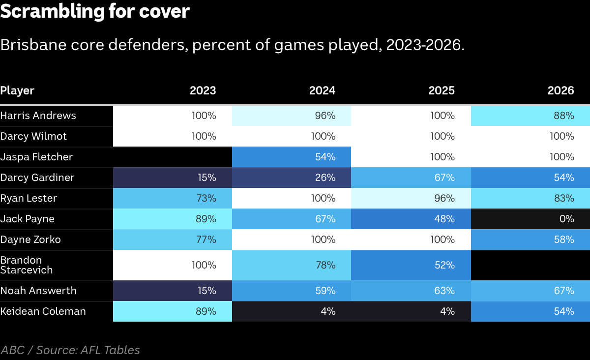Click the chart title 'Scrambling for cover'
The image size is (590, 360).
pyautogui.click(x=95, y=12)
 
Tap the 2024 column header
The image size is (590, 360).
pyautogui.click(x=322, y=90)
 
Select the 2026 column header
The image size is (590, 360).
pyautogui.click(x=561, y=90)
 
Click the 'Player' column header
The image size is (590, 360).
pyautogui.click(x=17, y=90)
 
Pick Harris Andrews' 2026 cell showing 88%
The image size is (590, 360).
pyautogui.click(x=531, y=116)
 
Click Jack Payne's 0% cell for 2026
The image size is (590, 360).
pyautogui.click(x=531, y=219)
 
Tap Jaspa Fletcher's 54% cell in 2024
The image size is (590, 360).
pyautogui.click(x=292, y=157)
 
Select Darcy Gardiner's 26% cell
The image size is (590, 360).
pyautogui.click(x=292, y=178)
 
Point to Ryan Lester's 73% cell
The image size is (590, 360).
pyautogui.click(x=173, y=199)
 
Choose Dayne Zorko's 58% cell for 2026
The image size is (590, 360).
pyautogui.click(x=531, y=240)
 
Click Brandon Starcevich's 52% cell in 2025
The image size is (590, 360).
pyautogui.click(x=411, y=265)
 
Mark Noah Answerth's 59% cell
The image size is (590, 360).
pyautogui.click(x=292, y=291)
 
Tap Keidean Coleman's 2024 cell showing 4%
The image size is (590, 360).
pyautogui.click(x=292, y=311)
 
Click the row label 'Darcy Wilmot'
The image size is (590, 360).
pyautogui.click(x=33, y=137)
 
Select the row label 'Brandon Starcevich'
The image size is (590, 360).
pyautogui.click(x=27, y=265)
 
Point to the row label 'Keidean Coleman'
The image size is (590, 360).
pyautogui.click(x=43, y=311)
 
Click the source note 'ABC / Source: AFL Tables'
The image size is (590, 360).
pyautogui.click(x=70, y=350)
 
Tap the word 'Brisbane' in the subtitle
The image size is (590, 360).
pyautogui.click(x=33, y=45)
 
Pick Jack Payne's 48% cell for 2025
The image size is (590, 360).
pyautogui.click(x=411, y=219)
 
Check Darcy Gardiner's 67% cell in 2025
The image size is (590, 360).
pyautogui.click(x=411, y=178)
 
